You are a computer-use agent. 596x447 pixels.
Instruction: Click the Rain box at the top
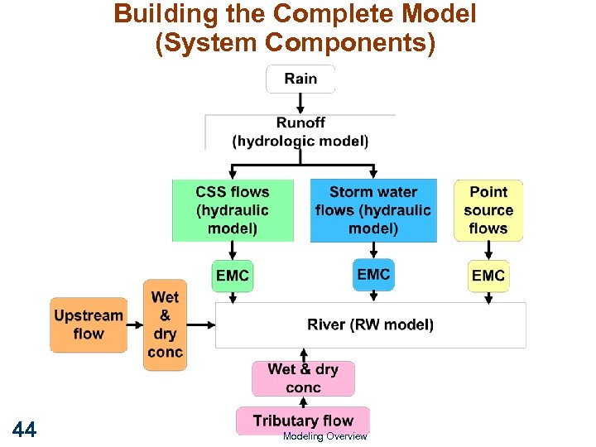(300, 79)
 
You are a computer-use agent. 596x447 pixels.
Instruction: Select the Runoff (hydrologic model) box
(300, 132)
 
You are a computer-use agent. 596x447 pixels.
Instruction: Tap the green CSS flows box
(233, 210)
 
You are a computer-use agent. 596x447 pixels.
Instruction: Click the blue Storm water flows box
(373, 210)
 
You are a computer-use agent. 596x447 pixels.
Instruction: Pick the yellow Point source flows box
(488, 210)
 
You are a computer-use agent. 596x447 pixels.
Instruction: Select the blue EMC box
(373, 274)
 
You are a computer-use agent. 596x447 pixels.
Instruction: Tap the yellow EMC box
(488, 276)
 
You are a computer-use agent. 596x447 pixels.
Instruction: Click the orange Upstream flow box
(89, 324)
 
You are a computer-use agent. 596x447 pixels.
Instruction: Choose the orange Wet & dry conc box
(165, 324)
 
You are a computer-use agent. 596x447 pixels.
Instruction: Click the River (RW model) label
(370, 324)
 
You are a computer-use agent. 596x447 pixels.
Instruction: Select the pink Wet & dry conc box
(303, 378)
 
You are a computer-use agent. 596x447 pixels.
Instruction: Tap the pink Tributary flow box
(303, 421)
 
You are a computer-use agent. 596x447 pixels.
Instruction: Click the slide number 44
(24, 429)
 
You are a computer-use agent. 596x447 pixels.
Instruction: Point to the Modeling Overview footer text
(324, 436)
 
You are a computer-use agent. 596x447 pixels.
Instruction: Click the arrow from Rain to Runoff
(300, 103)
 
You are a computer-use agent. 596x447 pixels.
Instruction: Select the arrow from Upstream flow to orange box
(136, 324)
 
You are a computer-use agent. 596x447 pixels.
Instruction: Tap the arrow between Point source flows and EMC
(488, 250)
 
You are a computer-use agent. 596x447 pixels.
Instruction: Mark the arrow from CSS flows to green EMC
(233, 250)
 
